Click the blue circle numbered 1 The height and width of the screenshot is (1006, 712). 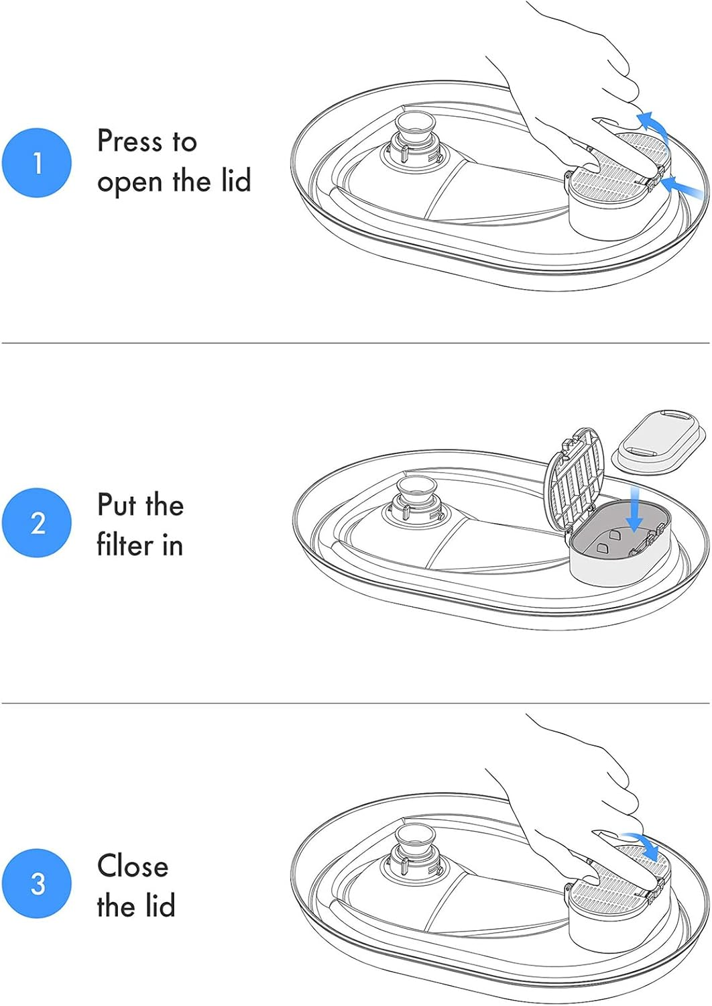tap(37, 162)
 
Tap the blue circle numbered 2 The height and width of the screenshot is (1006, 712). tap(37, 523)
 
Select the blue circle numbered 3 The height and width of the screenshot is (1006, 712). tap(37, 883)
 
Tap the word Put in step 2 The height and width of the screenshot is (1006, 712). tap(115, 504)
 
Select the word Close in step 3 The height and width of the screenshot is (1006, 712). tap(133, 865)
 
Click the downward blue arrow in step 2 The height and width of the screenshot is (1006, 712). tap(634, 508)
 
